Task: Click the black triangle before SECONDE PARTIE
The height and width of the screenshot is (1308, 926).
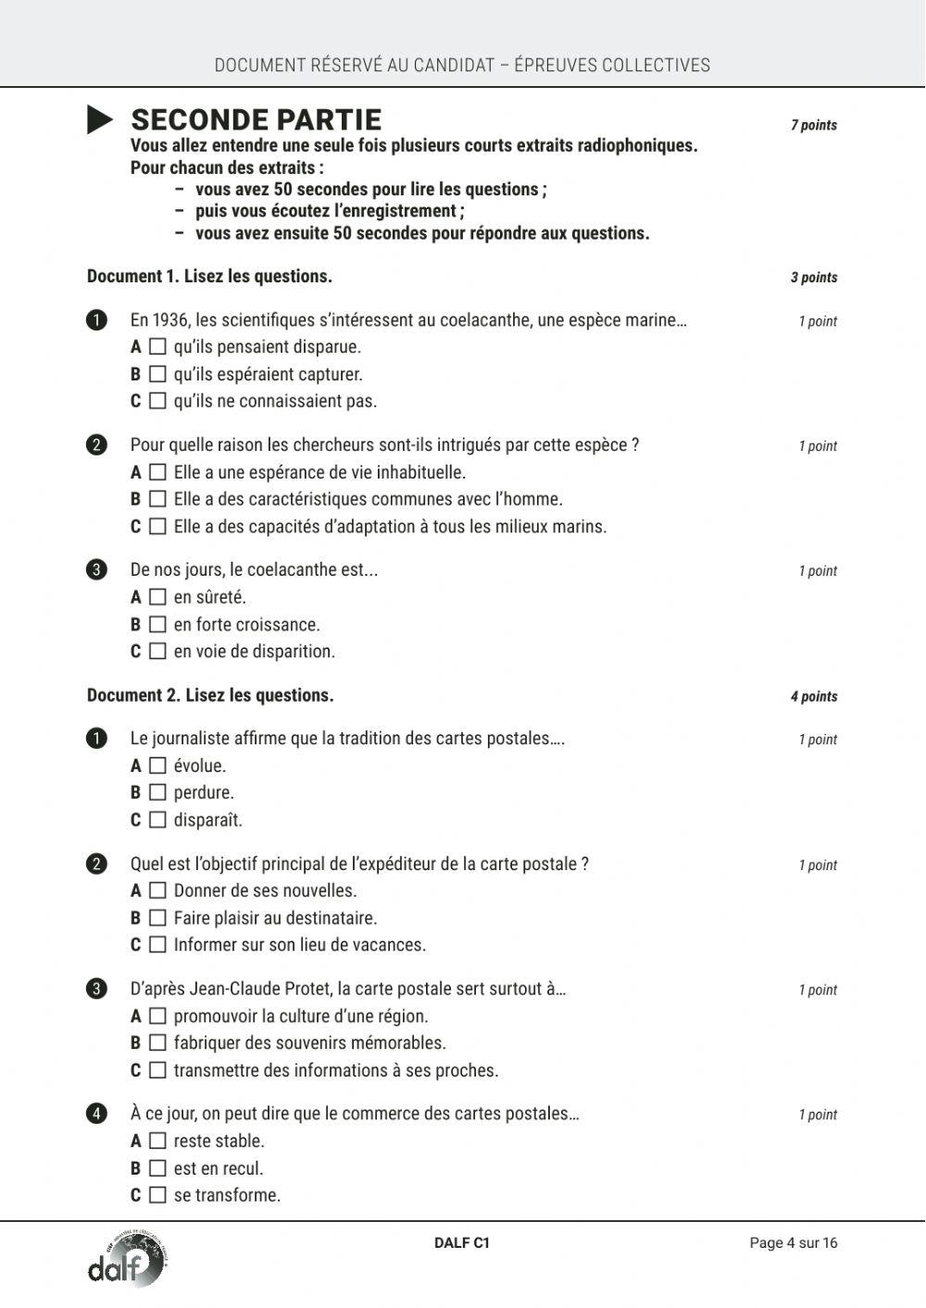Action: pyautogui.click(x=100, y=120)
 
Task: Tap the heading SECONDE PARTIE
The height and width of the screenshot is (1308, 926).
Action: pyautogui.click(x=256, y=120)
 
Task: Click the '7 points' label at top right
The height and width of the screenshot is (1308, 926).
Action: pyautogui.click(x=813, y=125)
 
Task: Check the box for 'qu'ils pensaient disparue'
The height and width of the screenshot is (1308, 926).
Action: pyautogui.click(x=157, y=347)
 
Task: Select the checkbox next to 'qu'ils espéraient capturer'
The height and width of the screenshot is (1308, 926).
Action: pyautogui.click(x=157, y=374)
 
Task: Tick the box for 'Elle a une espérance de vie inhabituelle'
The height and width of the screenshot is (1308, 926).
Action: pyautogui.click(x=157, y=472)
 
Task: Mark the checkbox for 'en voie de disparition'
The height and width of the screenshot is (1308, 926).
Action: pyautogui.click(x=157, y=652)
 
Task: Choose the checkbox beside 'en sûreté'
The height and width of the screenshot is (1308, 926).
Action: pyautogui.click(x=157, y=597)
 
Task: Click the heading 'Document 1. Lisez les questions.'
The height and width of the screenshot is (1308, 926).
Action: pyautogui.click(x=209, y=276)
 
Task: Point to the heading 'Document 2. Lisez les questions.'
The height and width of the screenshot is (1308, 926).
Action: pyautogui.click(x=210, y=695)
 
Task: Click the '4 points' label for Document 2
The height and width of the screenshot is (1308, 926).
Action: pyautogui.click(x=813, y=696)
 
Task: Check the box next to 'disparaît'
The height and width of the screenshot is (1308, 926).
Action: pyautogui.click(x=157, y=820)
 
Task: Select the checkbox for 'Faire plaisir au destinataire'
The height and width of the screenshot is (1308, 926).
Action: pyautogui.click(x=157, y=918)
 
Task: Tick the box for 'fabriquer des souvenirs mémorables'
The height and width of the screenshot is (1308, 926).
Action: pyautogui.click(x=157, y=1043)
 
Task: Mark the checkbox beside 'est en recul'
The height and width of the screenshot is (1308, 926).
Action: pyautogui.click(x=157, y=1168)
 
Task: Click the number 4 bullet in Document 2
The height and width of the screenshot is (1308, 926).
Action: pyautogui.click(x=96, y=1114)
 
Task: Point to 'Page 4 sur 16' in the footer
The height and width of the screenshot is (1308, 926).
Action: pyautogui.click(x=793, y=1243)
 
